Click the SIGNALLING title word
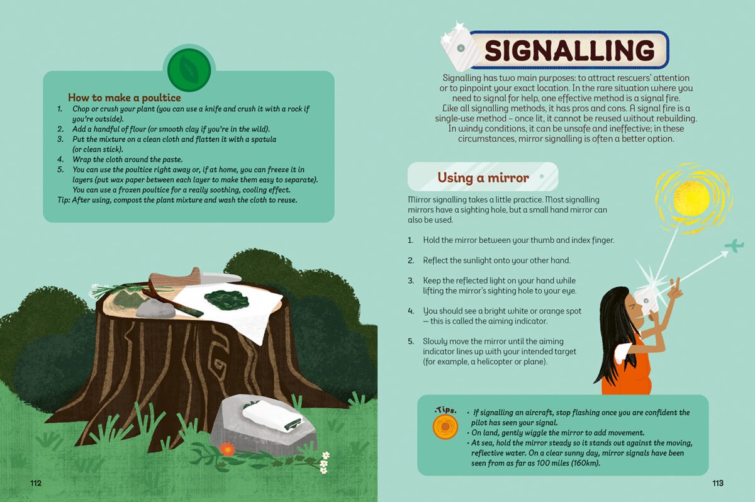coord(569,50)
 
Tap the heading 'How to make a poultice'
coord(125,98)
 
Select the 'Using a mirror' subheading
coord(483,177)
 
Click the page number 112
coord(36,483)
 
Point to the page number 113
coord(718,483)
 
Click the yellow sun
coord(691,199)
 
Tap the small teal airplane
coord(734,245)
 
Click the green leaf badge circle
coord(189,70)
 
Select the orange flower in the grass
coord(228,449)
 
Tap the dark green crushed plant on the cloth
coord(226,299)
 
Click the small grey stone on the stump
coord(156,309)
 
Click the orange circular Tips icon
coord(445,427)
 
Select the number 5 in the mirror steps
coord(410,342)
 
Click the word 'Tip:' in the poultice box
coord(64,200)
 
